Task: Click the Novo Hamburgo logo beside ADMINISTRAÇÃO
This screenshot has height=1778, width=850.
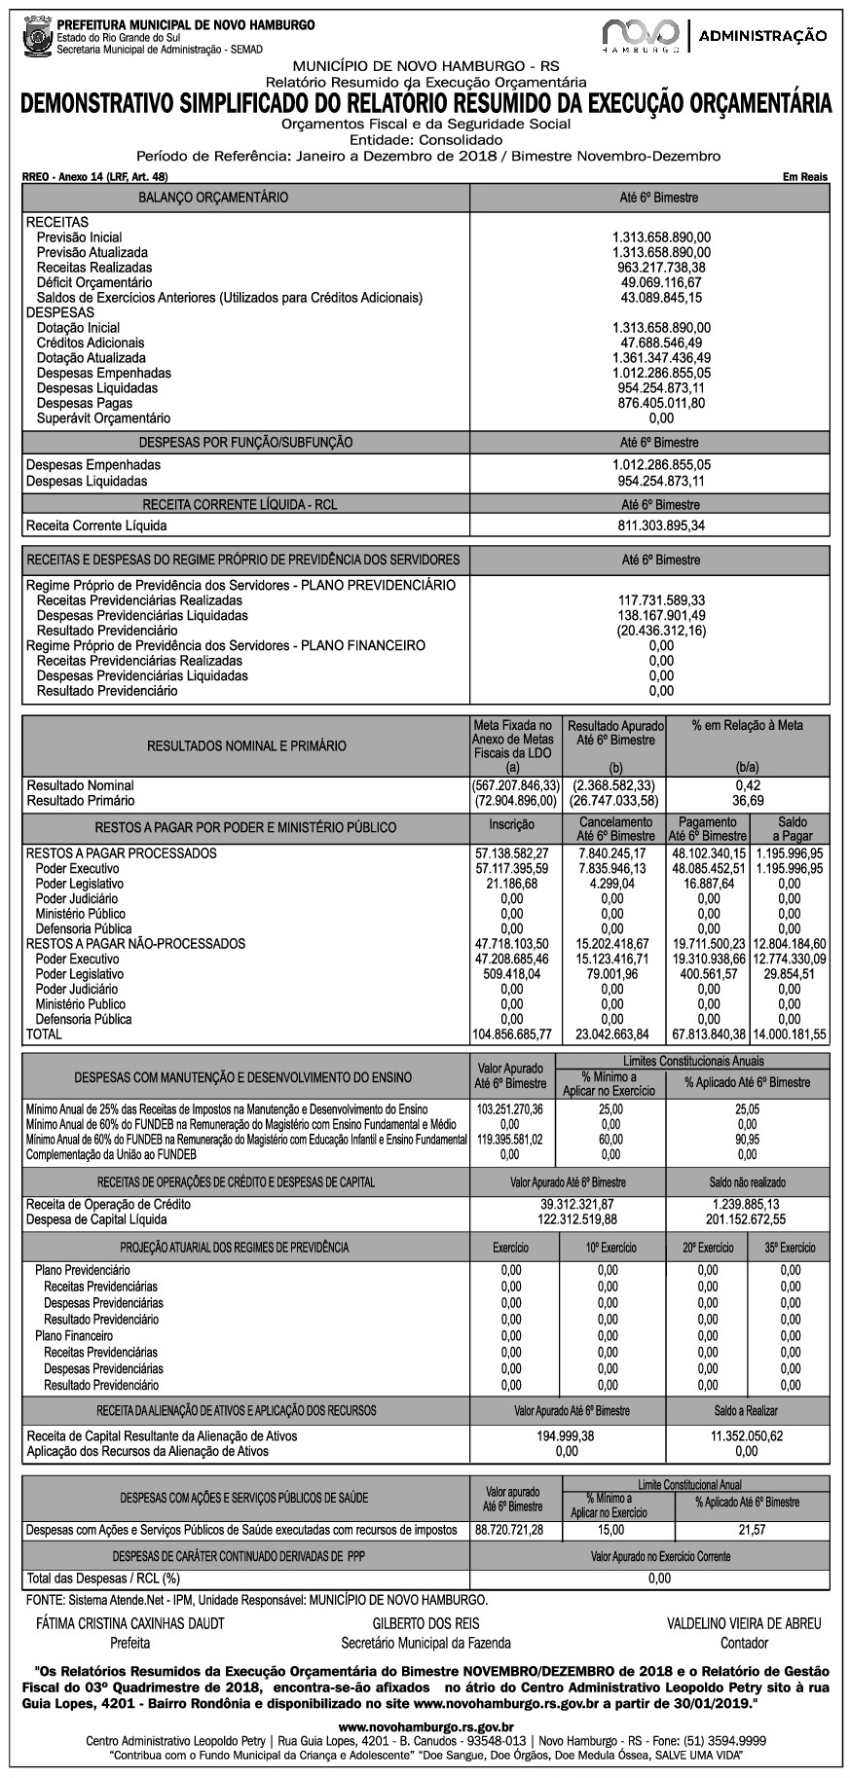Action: coord(640,34)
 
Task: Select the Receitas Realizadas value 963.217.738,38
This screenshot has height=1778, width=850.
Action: coord(661,268)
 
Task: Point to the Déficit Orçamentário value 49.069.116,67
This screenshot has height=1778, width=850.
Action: coord(661,282)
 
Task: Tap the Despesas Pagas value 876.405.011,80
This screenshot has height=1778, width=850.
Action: coord(661,403)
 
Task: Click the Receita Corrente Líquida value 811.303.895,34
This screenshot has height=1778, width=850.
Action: coord(661,526)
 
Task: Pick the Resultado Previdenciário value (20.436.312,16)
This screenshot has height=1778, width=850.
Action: coord(661,631)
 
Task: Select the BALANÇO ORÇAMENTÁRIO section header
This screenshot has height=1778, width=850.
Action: coord(213,198)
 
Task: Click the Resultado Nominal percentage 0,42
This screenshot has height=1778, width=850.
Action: coord(747,785)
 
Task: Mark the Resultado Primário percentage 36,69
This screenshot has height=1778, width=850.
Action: coord(747,801)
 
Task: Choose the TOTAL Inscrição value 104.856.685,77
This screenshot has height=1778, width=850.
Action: coord(511,1034)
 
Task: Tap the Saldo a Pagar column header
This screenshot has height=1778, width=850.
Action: coord(792,829)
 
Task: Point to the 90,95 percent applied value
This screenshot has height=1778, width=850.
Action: coord(747,1139)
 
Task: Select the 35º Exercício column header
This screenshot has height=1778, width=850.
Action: coord(790,1248)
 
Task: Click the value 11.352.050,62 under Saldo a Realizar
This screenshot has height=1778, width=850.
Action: coord(747,1435)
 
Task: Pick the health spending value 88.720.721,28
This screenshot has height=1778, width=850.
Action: coord(509,1530)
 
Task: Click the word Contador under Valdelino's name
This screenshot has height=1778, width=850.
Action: coord(743,1643)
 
